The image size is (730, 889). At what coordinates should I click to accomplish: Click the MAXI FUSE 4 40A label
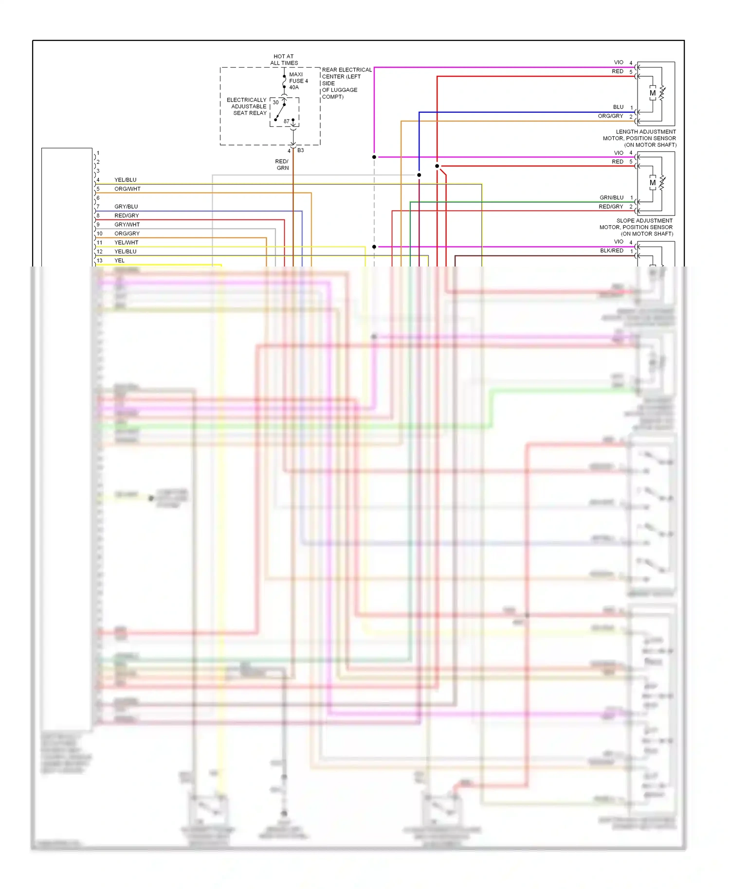[x=298, y=81]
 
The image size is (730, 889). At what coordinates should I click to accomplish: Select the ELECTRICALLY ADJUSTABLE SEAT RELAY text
[x=247, y=107]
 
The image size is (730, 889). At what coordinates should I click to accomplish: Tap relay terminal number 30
[x=275, y=102]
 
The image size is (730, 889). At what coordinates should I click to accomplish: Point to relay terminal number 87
[x=287, y=121]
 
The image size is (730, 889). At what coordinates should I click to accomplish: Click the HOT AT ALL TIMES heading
[x=284, y=60]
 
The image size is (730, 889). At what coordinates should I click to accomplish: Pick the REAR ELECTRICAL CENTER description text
[x=346, y=83]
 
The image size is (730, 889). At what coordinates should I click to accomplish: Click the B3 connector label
[x=301, y=150]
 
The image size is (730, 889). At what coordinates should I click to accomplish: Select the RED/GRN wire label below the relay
[x=282, y=164]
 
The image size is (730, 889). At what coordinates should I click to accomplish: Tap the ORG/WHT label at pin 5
[x=128, y=189]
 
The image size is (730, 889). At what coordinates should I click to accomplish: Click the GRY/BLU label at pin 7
[x=126, y=207]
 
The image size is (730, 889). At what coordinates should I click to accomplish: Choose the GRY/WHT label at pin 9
[x=127, y=225]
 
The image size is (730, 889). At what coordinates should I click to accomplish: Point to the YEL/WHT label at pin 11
[x=127, y=243]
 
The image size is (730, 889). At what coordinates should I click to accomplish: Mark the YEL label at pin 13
[x=119, y=261]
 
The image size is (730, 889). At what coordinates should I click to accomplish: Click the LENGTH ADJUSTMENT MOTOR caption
[x=639, y=138]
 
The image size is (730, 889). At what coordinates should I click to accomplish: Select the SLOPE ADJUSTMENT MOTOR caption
[x=637, y=227]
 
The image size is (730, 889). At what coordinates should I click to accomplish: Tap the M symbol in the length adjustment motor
[x=653, y=93]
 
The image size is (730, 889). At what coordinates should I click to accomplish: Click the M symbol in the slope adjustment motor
[x=653, y=183]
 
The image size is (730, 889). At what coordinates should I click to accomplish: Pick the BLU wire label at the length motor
[x=618, y=107]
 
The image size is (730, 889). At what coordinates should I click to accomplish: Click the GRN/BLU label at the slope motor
[x=611, y=198]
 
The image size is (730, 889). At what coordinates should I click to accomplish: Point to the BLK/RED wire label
[x=611, y=251]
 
